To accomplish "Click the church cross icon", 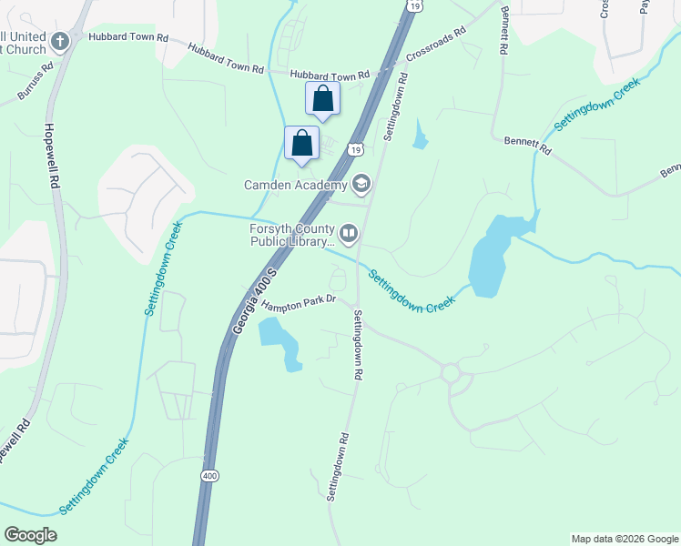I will click(x=60, y=40).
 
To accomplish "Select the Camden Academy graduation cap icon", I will click(x=361, y=185).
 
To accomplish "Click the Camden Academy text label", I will click(x=295, y=186).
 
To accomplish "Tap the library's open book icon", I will click(x=350, y=236).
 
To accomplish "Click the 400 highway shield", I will click(x=210, y=476).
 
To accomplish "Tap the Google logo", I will click(x=30, y=534).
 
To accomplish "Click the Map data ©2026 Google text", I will click(x=624, y=539).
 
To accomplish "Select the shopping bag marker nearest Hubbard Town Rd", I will click(x=323, y=99).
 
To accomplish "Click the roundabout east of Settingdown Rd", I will click(x=450, y=373).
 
